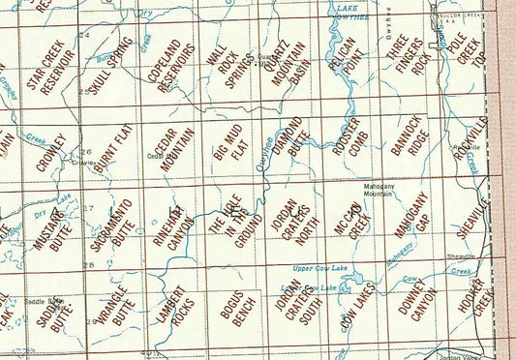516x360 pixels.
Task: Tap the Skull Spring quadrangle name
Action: tap(107, 66)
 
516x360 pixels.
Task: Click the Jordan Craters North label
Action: tap(290, 218)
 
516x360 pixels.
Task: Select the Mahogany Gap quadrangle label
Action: tap(410, 218)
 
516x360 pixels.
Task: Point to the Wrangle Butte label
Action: tap(114, 303)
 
